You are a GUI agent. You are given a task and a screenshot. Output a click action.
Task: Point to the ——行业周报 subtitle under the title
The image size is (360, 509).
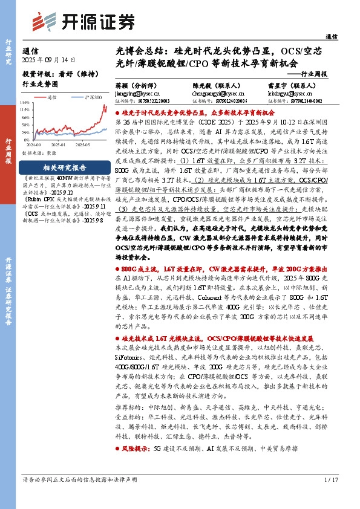click(x=306, y=74)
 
